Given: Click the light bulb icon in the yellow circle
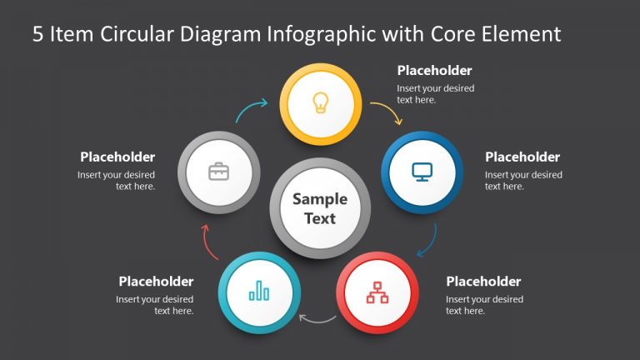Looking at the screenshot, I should (320, 102).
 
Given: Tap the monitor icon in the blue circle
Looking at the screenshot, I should (422, 172).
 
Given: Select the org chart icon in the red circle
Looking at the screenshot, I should (377, 292).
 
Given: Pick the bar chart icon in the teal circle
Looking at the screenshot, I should (259, 291).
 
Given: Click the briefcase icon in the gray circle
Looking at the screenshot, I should (218, 172).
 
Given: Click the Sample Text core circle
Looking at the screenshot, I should (320, 208).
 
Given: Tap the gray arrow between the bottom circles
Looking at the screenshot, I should (317, 317).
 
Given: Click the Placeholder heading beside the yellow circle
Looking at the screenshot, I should (434, 71).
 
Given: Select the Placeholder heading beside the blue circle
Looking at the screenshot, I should (522, 157).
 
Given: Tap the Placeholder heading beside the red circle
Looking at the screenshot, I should (483, 282).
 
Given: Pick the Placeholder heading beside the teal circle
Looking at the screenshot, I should (156, 282).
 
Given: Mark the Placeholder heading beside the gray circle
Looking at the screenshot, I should (117, 157).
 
